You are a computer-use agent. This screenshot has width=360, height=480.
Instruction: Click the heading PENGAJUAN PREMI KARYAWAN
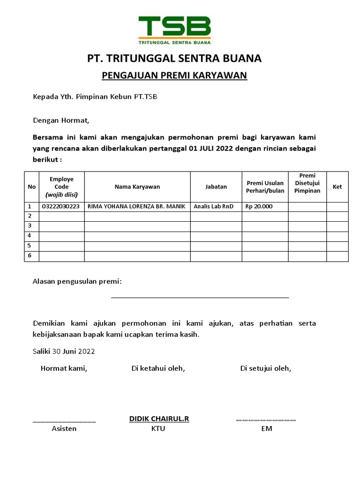point(174,75)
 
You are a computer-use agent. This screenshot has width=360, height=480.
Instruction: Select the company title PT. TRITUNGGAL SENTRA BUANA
point(174,59)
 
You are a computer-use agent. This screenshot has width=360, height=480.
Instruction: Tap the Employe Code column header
point(61,187)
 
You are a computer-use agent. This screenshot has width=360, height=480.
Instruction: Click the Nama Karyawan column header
point(137,187)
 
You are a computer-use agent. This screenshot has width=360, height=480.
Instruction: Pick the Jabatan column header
point(216,187)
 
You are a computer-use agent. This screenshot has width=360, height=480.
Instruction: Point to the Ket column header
point(337,187)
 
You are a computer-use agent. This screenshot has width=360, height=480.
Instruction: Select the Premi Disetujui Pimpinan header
point(307,183)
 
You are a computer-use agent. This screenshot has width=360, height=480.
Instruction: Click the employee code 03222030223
point(60,207)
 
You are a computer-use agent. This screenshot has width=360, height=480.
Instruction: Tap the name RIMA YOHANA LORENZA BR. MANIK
point(136,207)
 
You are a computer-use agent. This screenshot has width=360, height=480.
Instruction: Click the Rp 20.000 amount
point(258,207)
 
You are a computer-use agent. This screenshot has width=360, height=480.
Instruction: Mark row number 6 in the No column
point(30,256)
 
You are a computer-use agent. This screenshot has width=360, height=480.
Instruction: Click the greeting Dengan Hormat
point(61,120)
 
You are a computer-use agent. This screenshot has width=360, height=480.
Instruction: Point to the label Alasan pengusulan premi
point(77,281)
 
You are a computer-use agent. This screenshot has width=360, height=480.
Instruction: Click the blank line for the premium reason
point(200,296)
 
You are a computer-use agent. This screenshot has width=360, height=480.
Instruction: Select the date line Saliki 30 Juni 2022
point(64,351)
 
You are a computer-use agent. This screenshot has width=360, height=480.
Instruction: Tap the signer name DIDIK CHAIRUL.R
point(159,419)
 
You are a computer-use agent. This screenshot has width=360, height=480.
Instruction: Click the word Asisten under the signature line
point(64,428)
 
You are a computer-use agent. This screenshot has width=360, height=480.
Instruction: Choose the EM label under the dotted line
point(266,428)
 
